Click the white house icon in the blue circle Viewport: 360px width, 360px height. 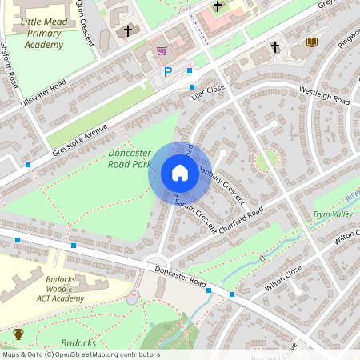pyautogui.click(x=180, y=173)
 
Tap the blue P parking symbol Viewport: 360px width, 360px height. pyautogui.click(x=167, y=72)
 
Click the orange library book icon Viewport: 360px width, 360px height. pyautogui.click(x=312, y=42)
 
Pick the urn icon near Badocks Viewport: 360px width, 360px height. pyautogui.click(x=18, y=334)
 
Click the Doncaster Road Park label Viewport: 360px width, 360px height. pyautogui.click(x=129, y=158)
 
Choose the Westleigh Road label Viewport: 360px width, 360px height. pyautogui.click(x=323, y=95)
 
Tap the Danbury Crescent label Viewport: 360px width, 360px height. pyautogui.click(x=219, y=180)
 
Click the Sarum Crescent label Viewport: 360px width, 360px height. pyautogui.click(x=195, y=214)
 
